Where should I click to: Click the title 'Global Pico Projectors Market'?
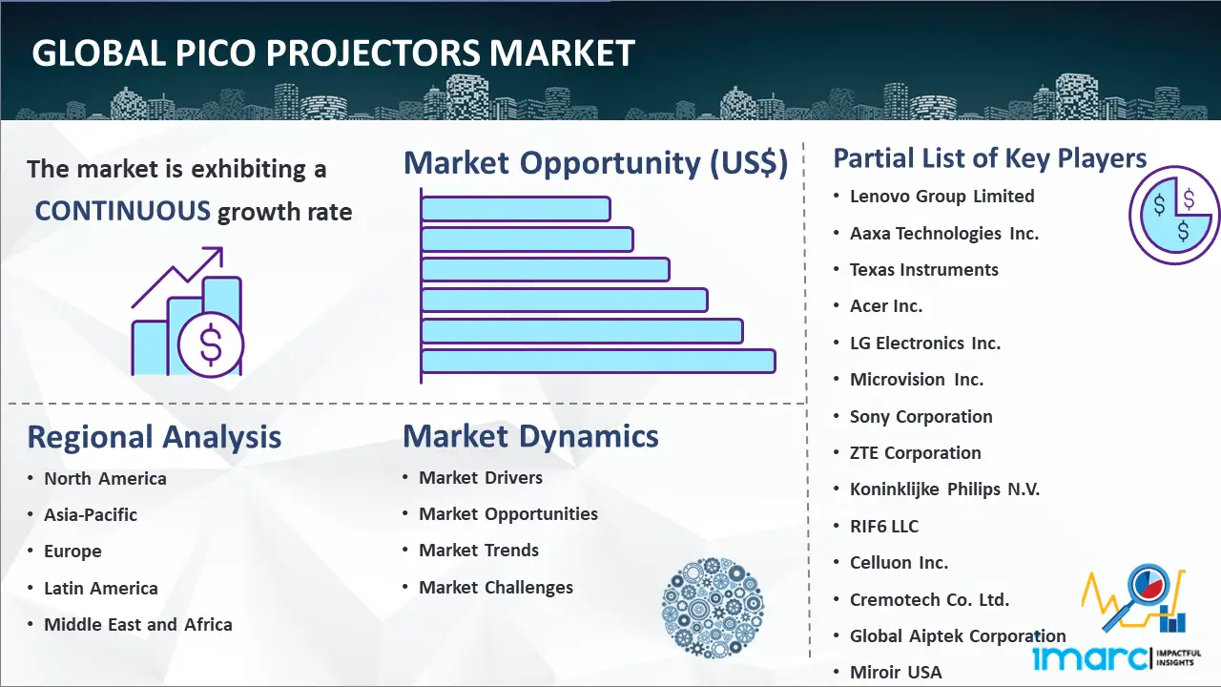[333, 52]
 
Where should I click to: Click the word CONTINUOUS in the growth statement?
[122, 211]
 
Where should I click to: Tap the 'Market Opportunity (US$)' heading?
[595, 163]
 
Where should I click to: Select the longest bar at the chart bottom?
[598, 361]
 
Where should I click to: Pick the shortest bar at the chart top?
[515, 208]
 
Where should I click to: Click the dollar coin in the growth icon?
[211, 345]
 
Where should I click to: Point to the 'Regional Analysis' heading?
[154, 437]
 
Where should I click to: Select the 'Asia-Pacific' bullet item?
[91, 514]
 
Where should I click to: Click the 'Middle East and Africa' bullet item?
[138, 625]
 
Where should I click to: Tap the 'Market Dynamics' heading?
[530, 436]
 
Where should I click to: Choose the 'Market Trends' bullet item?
[479, 551]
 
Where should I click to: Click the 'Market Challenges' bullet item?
[496, 588]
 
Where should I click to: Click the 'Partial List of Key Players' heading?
[989, 157]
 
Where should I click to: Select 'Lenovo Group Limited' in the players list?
[942, 197]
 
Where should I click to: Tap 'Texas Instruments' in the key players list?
[923, 270]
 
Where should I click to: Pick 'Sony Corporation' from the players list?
[921, 417]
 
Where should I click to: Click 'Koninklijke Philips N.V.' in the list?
[944, 489]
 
